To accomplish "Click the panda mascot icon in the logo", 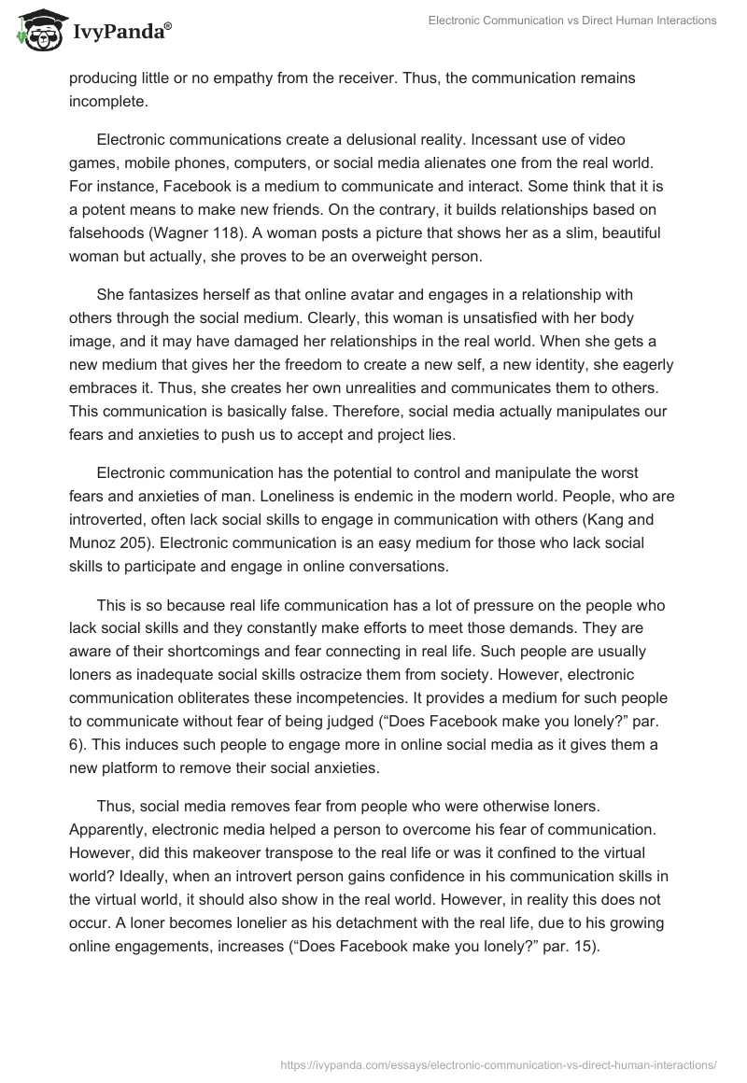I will click(x=35, y=32).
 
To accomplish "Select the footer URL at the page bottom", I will click(x=499, y=1063).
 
